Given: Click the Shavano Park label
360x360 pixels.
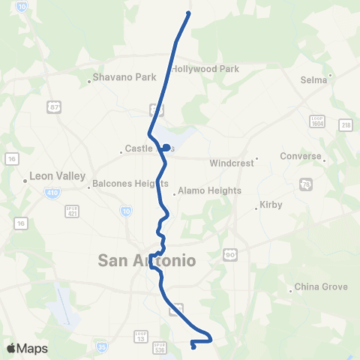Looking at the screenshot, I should pos(118,76).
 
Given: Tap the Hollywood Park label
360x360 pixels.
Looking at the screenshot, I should pos(205,69).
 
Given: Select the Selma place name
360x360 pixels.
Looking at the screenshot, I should pos(314,79).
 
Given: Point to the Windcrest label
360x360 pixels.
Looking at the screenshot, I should pos(232,162).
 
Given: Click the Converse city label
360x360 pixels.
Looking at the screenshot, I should pos(300,157).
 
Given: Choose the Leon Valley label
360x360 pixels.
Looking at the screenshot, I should pos(49,178).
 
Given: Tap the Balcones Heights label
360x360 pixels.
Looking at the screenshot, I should pos(120,184).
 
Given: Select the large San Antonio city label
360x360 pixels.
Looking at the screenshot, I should pos(147,260).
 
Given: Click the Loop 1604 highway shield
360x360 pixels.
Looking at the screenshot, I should pos(316,120).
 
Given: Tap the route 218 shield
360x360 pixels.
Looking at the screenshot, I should pos(345,124).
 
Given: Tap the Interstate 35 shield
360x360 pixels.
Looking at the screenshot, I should pos(102,346).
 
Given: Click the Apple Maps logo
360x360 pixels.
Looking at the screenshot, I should pos(27,348).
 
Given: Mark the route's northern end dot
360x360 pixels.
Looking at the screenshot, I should pos(187,13).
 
